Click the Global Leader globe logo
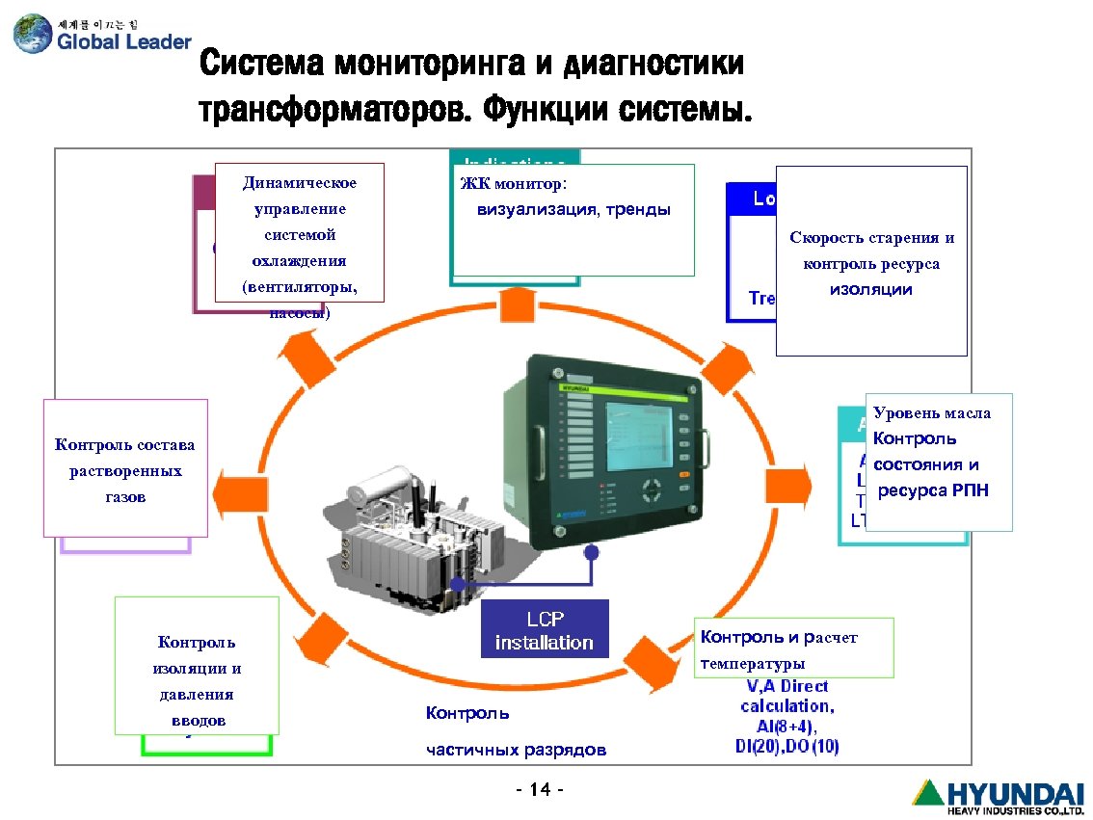(33, 34)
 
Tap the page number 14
(540, 791)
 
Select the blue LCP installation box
(545, 630)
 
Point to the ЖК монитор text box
(573, 220)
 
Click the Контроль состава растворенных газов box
(125, 467)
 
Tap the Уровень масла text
(932, 413)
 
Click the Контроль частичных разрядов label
(516, 731)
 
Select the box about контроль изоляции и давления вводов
(197, 666)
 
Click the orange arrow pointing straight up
(517, 304)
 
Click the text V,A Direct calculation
(787, 696)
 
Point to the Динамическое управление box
(299, 233)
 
